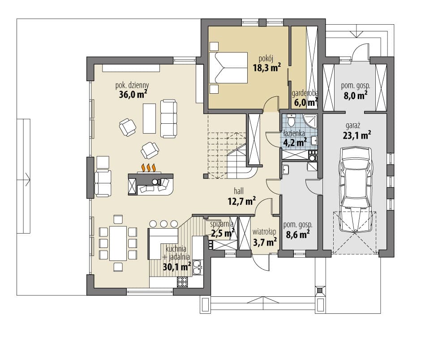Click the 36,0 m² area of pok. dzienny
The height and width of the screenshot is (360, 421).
coord(133,95)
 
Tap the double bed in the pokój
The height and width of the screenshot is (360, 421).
coord(228,68)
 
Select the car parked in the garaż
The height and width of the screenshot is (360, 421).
coord(356,189)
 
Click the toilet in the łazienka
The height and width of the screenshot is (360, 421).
coord(291,121)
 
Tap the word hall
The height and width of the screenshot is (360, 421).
coord(239,191)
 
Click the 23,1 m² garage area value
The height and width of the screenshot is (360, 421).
coord(357,135)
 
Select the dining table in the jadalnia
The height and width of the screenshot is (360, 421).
coord(118,243)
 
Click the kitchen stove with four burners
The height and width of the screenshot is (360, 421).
coord(182,282)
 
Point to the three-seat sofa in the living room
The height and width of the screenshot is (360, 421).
coord(168,118)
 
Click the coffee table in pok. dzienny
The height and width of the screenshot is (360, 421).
coord(149,118)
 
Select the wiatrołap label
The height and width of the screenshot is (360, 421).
coord(264,232)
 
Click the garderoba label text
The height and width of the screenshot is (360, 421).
coord(305,93)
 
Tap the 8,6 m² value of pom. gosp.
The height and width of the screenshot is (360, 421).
coord(297,234)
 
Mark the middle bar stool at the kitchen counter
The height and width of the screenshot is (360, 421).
coord(163,224)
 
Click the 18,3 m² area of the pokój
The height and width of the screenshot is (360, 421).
coord(266,67)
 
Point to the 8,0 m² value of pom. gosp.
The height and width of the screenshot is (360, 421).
coord(356,95)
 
